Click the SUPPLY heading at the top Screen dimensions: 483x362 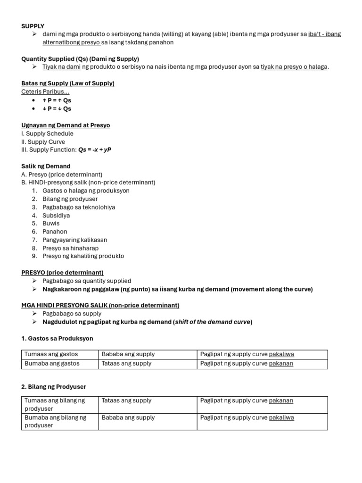click(x=33, y=26)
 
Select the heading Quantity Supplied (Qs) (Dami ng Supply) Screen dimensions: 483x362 click(x=80, y=58)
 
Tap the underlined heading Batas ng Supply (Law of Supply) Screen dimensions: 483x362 click(x=68, y=83)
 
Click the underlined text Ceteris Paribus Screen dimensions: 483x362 click(x=45, y=92)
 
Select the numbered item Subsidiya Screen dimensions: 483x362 click(x=56, y=216)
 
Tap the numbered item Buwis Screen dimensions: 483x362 click(x=51, y=224)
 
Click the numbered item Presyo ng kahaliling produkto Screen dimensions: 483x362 click(x=83, y=256)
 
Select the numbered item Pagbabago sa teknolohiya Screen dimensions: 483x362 click(x=78, y=207)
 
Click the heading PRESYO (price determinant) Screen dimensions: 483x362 click(x=62, y=273)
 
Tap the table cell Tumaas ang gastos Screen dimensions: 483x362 click(x=51, y=354)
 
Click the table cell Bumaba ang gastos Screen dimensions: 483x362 click(x=52, y=364)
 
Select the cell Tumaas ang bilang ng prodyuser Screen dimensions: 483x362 click(x=55, y=405)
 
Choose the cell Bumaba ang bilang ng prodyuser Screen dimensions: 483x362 click(x=55, y=421)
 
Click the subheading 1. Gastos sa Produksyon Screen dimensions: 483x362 click(x=57, y=338)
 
